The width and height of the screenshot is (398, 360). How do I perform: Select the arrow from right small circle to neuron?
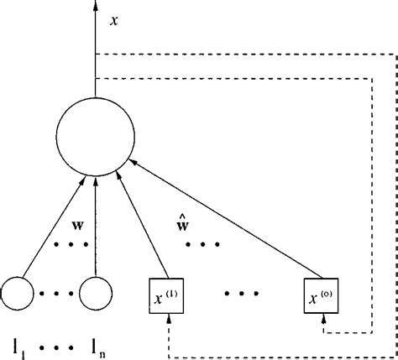pos(96,227)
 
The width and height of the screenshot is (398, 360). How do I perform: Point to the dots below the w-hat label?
pos(202,246)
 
